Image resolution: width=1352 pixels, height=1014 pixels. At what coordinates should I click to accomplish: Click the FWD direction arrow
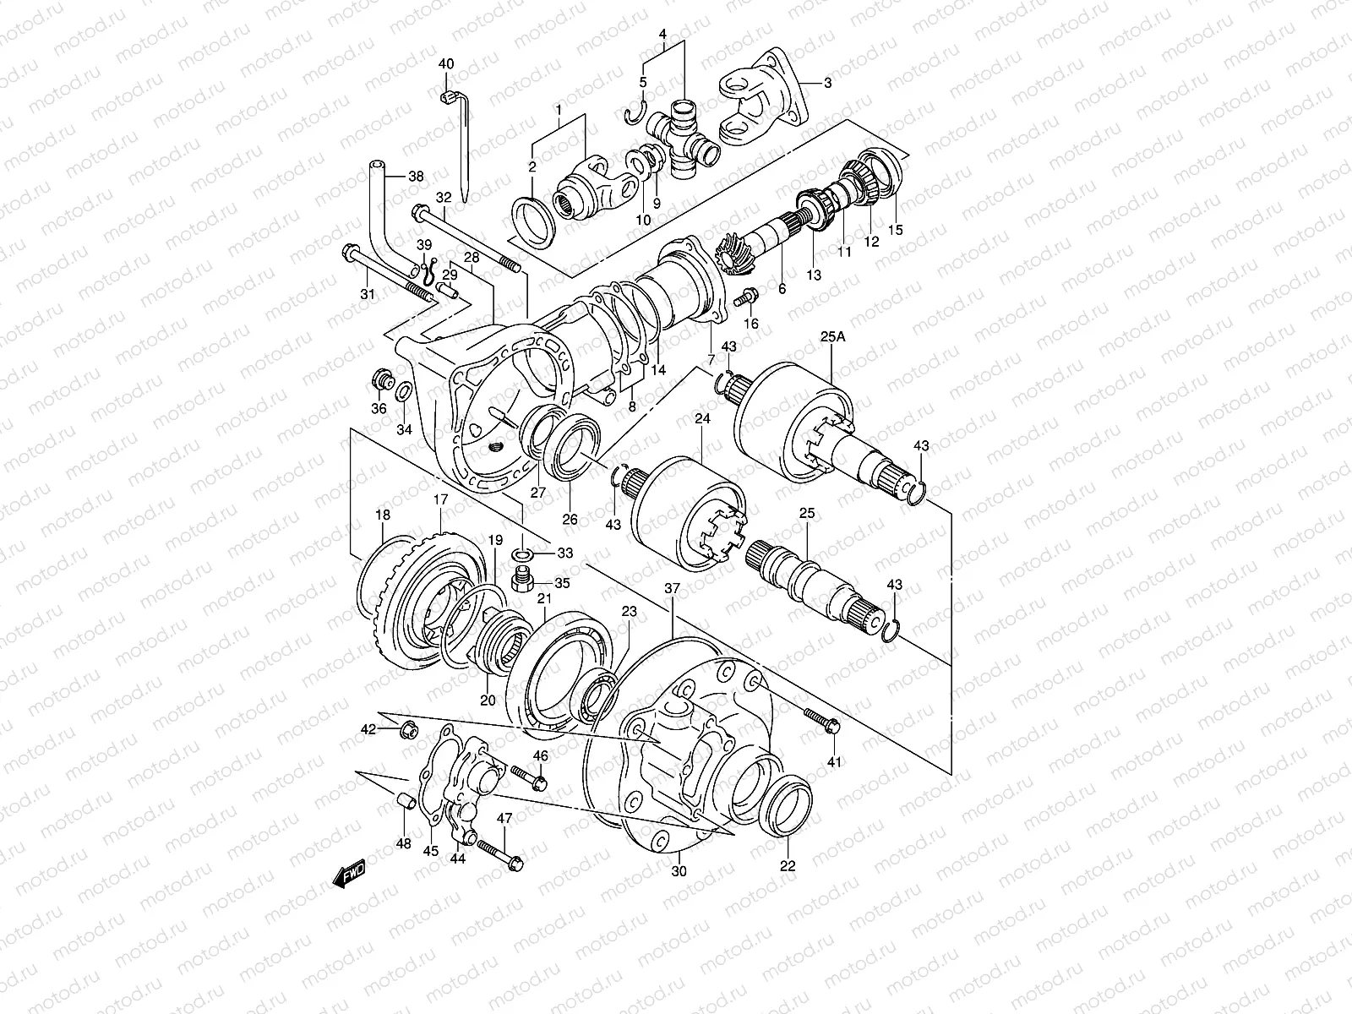[x=348, y=874]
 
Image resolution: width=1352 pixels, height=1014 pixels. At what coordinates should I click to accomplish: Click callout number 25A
[x=831, y=337]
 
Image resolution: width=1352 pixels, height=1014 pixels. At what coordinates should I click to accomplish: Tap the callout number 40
[x=446, y=64]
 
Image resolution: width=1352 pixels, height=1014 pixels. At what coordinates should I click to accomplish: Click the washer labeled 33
[x=521, y=554]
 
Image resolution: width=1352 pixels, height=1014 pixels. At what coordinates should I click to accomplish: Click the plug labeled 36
[x=381, y=382]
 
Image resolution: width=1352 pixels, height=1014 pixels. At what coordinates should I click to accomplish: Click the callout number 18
[x=383, y=515]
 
